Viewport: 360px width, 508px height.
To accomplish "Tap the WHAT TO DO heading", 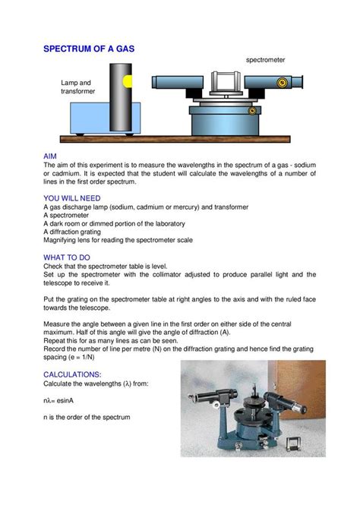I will pyautogui.click(x=69, y=256).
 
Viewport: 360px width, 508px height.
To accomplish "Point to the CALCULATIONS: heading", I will pyautogui.click(x=77, y=374).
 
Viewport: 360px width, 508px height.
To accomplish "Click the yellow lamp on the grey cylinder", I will pyautogui.click(x=128, y=80).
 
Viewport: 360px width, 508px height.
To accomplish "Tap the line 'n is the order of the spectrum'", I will pyautogui.click(x=87, y=418).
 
